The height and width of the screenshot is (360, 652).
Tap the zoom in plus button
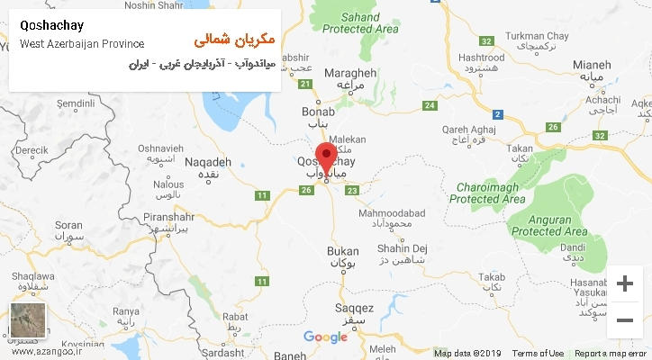click(x=625, y=284)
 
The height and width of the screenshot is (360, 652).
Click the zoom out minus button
click(x=625, y=320)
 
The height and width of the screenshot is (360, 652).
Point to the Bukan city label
click(x=343, y=251)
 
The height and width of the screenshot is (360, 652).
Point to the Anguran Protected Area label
click(x=549, y=224)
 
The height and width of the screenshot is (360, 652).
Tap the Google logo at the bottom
click(x=325, y=337)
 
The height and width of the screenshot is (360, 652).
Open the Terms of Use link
click(x=538, y=354)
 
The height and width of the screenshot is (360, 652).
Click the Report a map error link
click(x=611, y=354)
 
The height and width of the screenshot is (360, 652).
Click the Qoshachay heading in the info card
click(x=51, y=25)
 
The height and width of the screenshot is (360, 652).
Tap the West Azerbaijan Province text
click(x=81, y=43)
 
